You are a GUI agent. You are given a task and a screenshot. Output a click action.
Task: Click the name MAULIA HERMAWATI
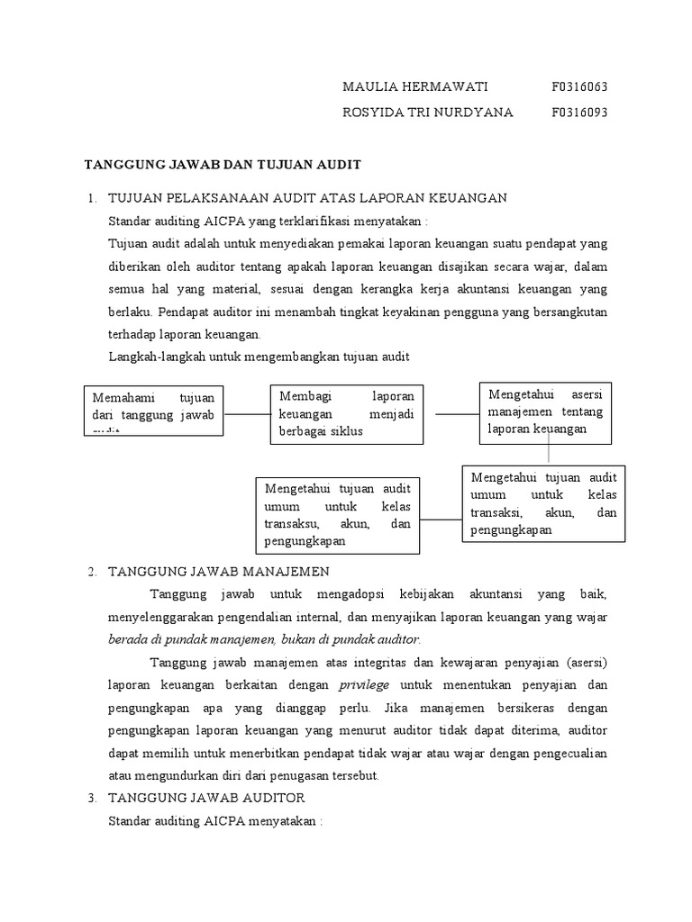point(414,86)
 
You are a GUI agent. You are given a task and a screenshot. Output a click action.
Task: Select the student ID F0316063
point(579,86)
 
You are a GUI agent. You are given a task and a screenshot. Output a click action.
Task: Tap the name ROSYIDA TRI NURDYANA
point(428,113)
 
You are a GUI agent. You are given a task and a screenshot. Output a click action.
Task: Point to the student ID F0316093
point(579,113)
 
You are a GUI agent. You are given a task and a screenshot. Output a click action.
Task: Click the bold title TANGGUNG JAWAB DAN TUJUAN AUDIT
point(222,165)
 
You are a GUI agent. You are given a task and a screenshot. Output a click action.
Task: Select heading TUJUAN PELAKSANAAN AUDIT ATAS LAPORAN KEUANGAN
point(307,197)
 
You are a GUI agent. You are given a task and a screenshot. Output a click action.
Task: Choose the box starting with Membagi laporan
point(346,413)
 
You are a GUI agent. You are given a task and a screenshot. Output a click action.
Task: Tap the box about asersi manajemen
point(544,411)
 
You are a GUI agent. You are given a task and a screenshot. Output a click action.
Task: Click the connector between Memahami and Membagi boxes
point(247,414)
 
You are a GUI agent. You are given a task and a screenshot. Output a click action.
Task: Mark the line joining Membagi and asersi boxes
point(456,414)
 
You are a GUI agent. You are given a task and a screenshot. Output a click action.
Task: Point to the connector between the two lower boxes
point(441,520)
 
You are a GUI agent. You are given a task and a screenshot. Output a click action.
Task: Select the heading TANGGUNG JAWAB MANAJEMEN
point(219,572)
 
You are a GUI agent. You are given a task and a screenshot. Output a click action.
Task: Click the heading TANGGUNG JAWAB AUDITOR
point(206,798)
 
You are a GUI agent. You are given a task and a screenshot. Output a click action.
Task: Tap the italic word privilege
point(364,684)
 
